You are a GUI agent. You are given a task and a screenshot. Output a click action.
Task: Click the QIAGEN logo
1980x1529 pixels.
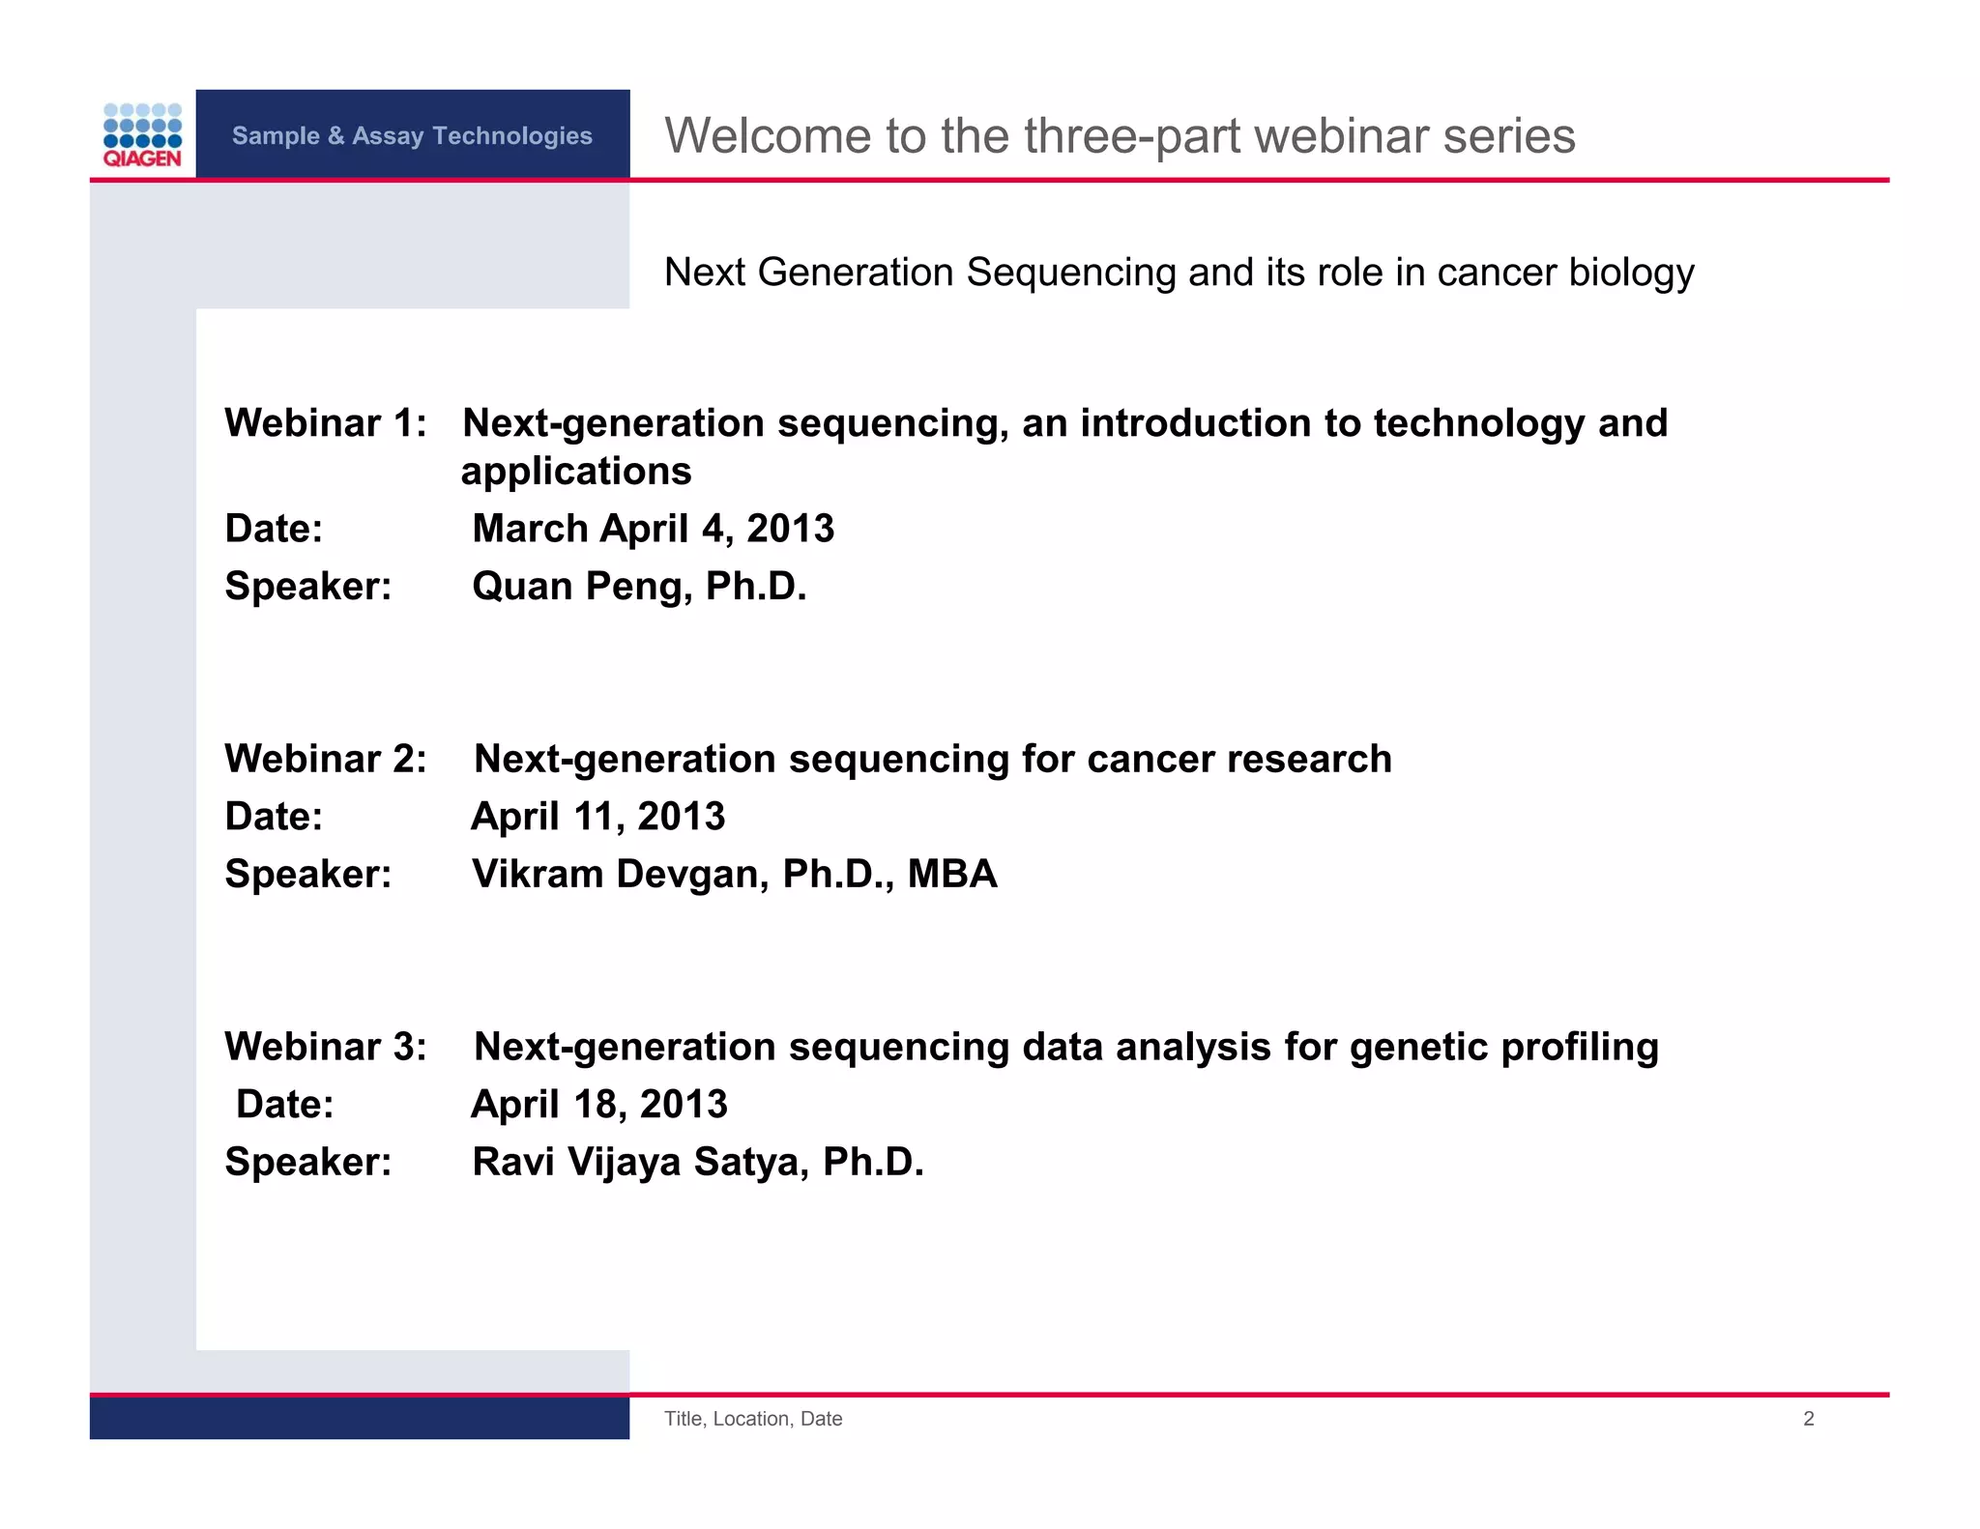click(142, 135)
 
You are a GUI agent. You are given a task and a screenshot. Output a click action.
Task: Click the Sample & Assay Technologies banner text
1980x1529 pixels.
click(412, 135)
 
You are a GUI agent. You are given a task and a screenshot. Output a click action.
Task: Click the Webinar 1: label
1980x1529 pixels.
click(326, 423)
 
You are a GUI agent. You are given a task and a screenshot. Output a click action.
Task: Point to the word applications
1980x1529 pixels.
click(576, 472)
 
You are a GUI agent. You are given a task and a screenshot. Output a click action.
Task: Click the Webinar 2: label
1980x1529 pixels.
click(326, 759)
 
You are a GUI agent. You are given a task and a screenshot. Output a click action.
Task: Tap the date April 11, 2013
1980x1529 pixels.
click(597, 817)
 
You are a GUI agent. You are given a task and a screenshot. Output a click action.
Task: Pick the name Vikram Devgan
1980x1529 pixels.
click(620, 874)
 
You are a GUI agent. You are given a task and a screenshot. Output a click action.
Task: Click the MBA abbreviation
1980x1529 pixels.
click(952, 874)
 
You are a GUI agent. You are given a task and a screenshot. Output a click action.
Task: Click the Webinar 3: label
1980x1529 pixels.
click(326, 1047)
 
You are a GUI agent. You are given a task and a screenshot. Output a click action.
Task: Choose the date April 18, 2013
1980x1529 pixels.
click(598, 1105)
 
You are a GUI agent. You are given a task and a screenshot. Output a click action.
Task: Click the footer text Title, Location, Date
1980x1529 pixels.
click(753, 1419)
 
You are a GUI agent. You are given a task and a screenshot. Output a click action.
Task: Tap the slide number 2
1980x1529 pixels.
click(1808, 1419)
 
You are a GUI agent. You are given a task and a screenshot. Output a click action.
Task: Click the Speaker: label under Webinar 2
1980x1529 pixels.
click(308, 874)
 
